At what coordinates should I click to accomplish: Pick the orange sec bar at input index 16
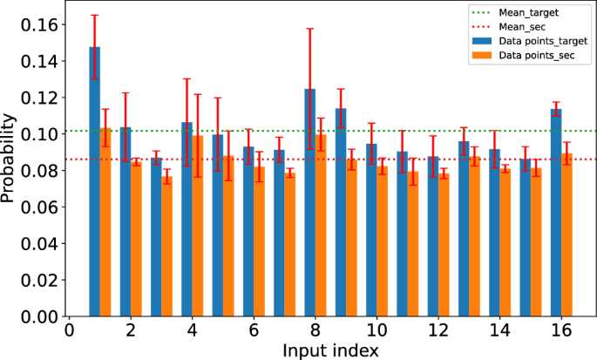pyautogui.click(x=566, y=235)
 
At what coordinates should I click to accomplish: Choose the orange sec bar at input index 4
pyautogui.click(x=198, y=226)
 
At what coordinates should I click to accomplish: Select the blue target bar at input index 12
pyautogui.click(x=432, y=236)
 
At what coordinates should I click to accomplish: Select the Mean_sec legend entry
pyautogui.click(x=524, y=27)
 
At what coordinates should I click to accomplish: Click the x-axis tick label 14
pyautogui.click(x=499, y=332)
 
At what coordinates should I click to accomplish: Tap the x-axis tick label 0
pyautogui.click(x=69, y=332)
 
